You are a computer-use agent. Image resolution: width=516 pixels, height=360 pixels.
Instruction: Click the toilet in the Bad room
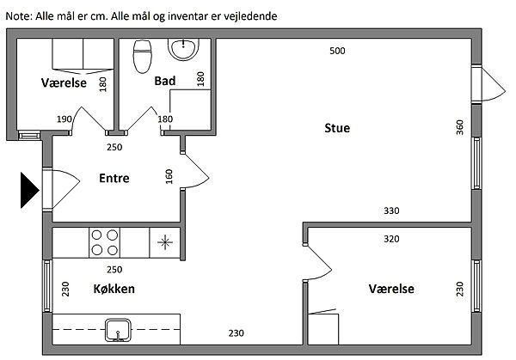click(x=143, y=56)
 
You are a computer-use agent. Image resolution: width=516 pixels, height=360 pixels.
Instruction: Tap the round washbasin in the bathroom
click(x=184, y=49)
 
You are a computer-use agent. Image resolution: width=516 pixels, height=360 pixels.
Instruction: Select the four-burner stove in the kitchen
click(x=104, y=242)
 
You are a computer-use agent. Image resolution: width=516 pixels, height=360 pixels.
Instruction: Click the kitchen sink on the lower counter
click(x=118, y=330)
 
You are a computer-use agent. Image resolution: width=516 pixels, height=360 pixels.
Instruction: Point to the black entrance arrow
click(x=29, y=191)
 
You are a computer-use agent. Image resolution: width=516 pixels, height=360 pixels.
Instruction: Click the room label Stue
click(x=337, y=128)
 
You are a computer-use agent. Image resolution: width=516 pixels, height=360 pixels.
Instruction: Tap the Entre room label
click(x=114, y=178)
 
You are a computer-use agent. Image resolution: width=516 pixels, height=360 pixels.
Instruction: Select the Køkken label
click(x=114, y=289)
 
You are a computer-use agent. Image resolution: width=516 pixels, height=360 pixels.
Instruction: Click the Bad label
click(x=165, y=81)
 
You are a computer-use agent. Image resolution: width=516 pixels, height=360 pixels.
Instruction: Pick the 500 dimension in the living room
click(x=337, y=51)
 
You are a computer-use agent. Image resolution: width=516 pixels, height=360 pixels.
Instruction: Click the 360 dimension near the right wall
click(x=460, y=127)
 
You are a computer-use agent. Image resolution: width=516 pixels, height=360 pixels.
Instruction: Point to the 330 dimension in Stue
click(x=391, y=211)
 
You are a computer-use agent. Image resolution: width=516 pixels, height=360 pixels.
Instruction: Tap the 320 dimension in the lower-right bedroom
click(x=391, y=239)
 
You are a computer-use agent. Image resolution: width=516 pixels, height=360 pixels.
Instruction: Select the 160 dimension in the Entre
click(x=169, y=176)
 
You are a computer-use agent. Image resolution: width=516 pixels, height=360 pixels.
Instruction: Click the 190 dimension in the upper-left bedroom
click(x=64, y=119)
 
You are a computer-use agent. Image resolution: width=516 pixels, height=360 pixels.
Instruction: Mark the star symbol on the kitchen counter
click(x=165, y=242)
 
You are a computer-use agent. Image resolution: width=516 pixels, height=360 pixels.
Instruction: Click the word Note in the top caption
click(x=18, y=15)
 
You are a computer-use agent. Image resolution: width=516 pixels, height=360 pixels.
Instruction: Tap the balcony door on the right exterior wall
click(x=488, y=84)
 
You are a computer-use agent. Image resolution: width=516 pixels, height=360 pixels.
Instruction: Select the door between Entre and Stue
click(x=194, y=170)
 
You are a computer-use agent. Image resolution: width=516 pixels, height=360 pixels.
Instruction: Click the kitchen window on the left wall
click(x=47, y=286)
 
